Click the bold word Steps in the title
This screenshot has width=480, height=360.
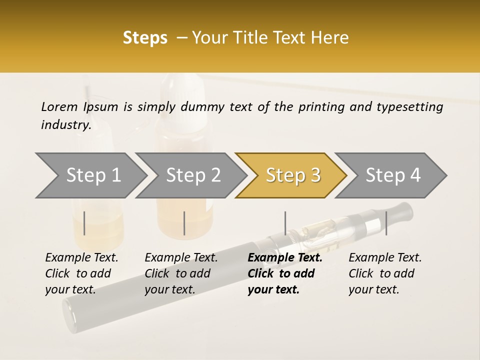coord(145,38)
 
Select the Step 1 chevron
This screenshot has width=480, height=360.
coord(90,175)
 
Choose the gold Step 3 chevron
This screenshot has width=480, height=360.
coord(292,175)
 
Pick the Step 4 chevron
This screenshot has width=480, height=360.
coord(392,175)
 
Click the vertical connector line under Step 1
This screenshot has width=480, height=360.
coord(84,223)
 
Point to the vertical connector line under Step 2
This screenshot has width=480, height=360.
coord(184,223)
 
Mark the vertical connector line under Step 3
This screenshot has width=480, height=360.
coord(285,223)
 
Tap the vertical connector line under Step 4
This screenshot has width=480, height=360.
coord(386,223)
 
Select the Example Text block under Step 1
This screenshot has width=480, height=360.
coord(81,273)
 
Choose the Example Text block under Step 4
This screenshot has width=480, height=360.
coord(385,273)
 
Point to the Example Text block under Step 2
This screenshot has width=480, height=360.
coord(181,273)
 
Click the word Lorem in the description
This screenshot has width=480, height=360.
coord(59,107)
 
